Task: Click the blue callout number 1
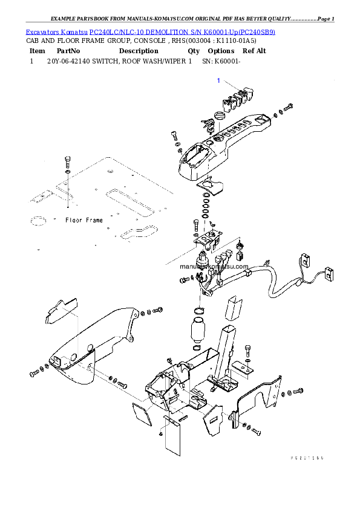[218, 80]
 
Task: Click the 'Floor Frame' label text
[83, 221]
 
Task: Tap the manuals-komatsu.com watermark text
[206, 266]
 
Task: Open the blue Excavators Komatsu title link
[151, 31]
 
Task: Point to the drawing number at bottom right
[307, 458]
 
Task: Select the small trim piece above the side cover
[62, 310]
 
